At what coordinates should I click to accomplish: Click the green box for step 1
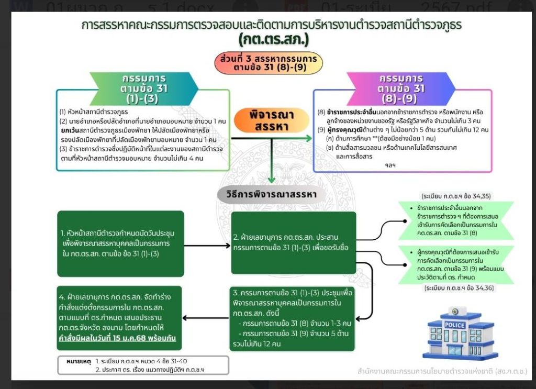(x=120, y=243)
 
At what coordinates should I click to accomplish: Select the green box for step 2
(x=294, y=242)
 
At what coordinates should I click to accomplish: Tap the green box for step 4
(x=120, y=318)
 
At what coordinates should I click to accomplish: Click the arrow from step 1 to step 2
(x=207, y=244)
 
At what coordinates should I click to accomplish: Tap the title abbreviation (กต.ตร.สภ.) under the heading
(x=274, y=40)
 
